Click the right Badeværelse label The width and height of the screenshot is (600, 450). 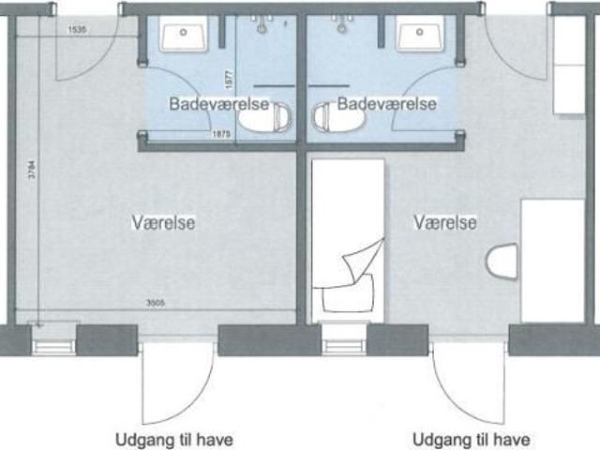pos(386,103)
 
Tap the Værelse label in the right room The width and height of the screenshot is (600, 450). pos(445,222)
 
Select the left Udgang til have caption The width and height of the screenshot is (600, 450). pos(173,439)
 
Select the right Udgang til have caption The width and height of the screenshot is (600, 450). pos(472,439)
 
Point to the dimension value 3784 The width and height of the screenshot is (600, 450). pos(31,174)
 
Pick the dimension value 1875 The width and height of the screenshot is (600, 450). pos(222,135)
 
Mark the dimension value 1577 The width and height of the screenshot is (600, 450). pos(227,83)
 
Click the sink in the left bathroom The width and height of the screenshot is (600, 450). pos(184,37)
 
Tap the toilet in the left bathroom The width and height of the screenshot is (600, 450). pos(265,117)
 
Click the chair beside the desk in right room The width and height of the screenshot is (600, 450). pos(502,261)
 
